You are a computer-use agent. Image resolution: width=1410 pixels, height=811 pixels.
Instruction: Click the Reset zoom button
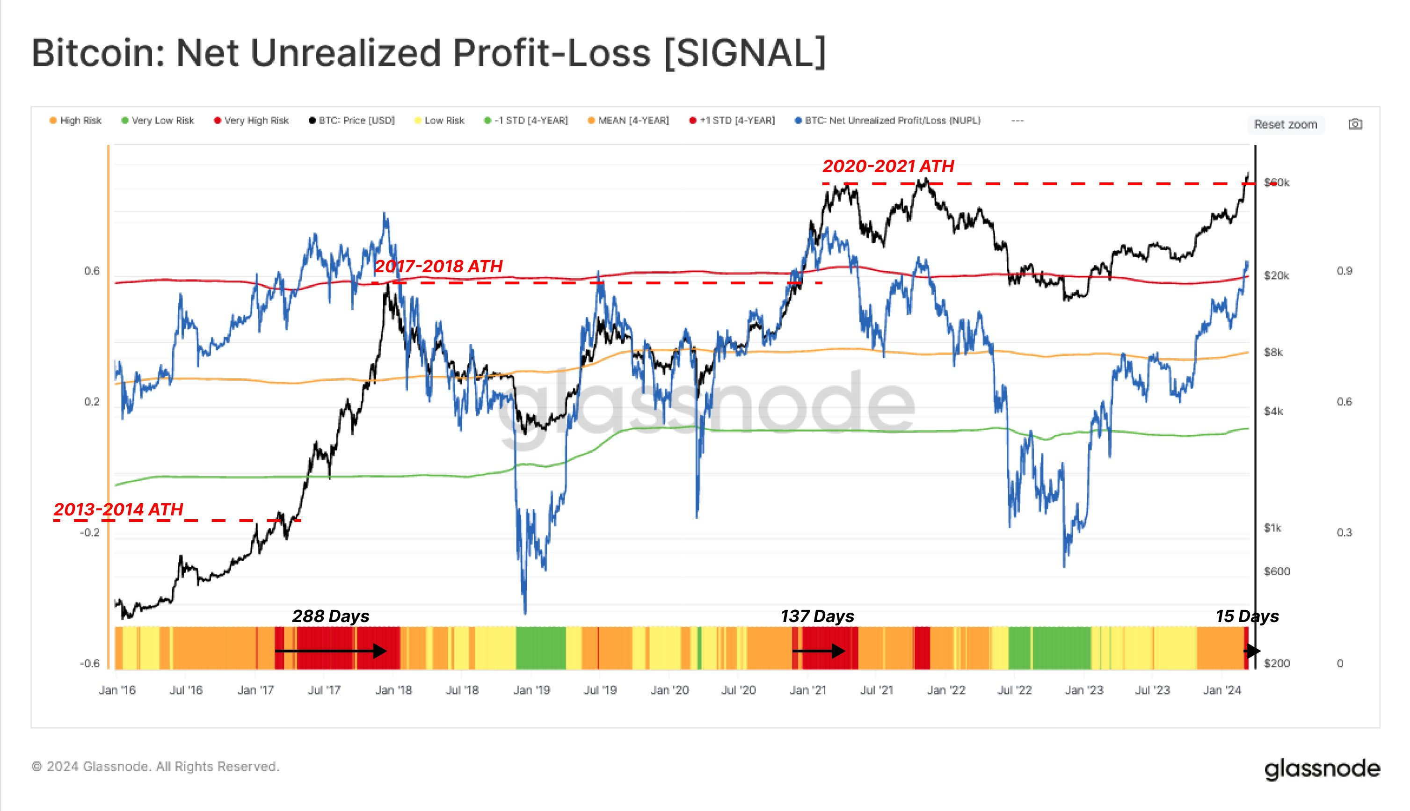point(1285,124)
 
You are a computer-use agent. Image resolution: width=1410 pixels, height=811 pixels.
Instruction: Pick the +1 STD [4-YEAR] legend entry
point(732,120)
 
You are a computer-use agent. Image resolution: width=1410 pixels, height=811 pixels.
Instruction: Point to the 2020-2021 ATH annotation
point(888,166)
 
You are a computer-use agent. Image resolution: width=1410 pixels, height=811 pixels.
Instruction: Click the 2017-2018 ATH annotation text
point(438,266)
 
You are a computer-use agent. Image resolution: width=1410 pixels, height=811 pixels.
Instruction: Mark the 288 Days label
point(330,616)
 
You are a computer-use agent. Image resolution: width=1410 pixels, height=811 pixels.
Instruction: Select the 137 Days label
point(817,616)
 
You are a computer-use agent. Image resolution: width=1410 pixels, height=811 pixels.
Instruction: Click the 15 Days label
point(1247,616)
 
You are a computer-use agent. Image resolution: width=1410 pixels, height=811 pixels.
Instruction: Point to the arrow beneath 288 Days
point(330,651)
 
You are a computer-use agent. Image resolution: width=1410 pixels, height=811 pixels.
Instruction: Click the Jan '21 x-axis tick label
point(808,690)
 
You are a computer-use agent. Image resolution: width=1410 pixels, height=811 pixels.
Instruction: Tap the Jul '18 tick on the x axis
point(462,690)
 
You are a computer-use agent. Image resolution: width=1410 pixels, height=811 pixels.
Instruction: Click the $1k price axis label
point(1272,528)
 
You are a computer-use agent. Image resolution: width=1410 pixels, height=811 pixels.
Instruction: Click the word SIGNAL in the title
point(745,53)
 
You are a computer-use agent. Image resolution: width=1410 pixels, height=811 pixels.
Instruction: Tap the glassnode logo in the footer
point(1322,769)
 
